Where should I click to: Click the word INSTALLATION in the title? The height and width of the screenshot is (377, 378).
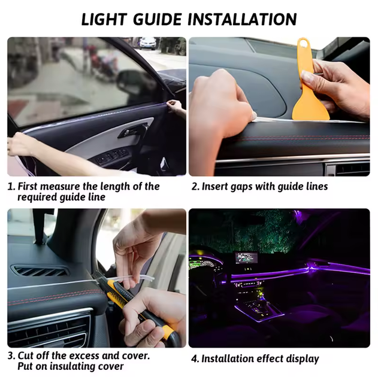click(x=242, y=19)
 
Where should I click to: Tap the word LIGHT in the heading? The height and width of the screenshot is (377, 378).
click(x=104, y=19)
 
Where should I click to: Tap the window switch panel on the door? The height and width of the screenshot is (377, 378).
click(x=111, y=157)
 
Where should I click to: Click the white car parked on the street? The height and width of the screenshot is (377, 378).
click(x=148, y=43)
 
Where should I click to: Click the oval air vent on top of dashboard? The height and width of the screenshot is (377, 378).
click(x=40, y=271)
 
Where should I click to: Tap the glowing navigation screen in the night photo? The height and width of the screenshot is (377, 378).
click(x=246, y=259)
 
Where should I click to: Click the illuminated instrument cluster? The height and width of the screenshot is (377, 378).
click(x=205, y=265)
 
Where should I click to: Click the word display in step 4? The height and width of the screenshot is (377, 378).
click(x=303, y=359)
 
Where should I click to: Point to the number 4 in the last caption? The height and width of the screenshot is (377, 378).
click(x=195, y=359)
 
